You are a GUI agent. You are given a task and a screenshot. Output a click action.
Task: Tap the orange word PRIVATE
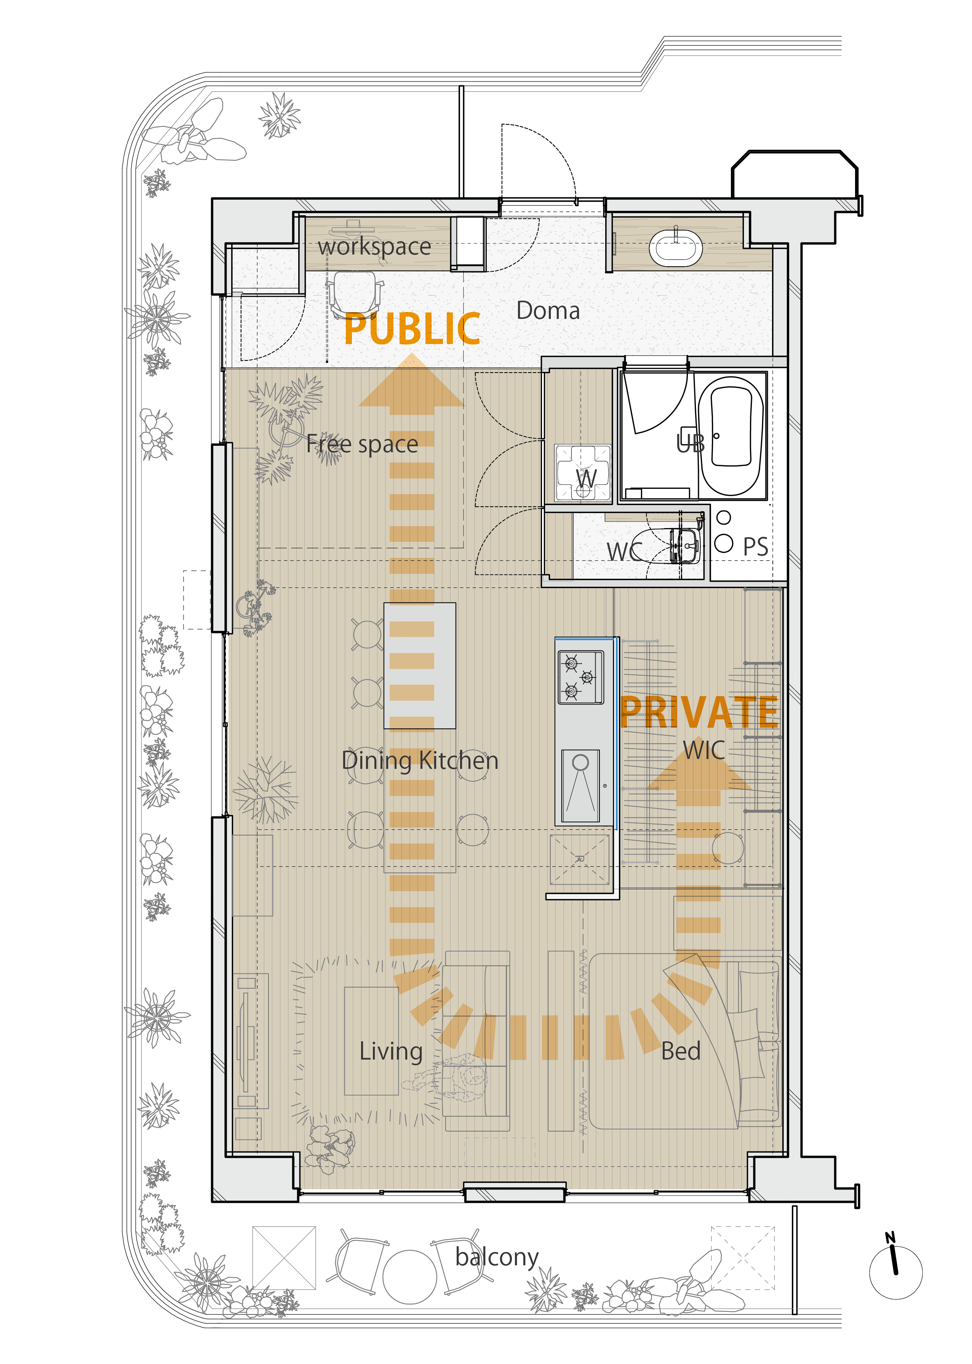(699, 712)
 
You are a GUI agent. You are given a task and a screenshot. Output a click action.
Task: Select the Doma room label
(548, 311)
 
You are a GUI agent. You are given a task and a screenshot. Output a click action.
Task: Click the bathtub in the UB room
(731, 436)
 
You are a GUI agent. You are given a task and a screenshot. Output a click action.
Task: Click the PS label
(755, 547)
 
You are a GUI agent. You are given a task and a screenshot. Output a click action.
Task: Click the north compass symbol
(895, 1271)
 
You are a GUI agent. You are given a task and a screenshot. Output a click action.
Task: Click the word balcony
(497, 1257)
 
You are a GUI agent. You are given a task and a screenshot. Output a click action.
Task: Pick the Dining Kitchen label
(420, 760)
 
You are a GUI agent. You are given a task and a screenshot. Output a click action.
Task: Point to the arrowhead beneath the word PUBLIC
(412, 384)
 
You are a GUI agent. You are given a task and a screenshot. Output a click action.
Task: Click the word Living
(391, 1051)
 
